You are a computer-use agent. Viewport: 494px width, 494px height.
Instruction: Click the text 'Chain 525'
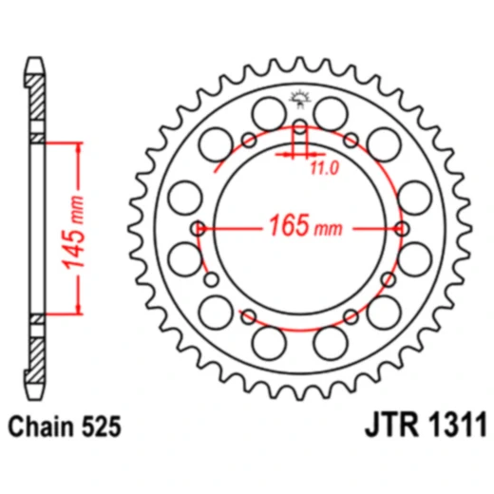(x=65, y=428)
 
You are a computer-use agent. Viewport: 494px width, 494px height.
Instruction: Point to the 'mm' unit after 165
(x=329, y=231)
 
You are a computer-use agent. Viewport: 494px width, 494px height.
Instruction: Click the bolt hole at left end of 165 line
(x=199, y=228)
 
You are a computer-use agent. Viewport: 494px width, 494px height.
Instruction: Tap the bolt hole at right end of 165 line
(x=404, y=228)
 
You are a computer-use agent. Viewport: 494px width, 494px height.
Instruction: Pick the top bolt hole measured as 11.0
(x=300, y=127)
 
